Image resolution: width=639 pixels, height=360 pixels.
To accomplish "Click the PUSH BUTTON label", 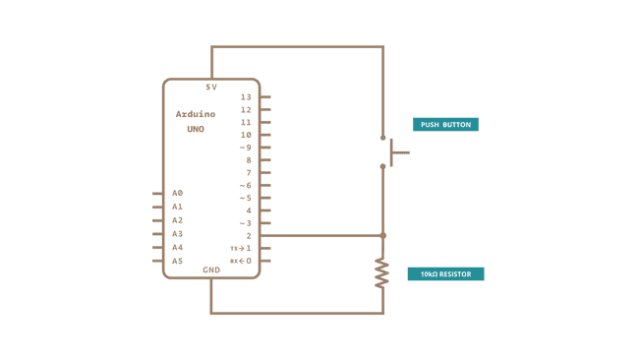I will tap(445, 125).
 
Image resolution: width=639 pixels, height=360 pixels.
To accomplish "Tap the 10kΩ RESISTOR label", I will tap(445, 274).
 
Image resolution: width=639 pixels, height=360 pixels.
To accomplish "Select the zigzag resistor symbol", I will tap(382, 273).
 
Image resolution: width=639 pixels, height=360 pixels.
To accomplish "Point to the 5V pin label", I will tap(211, 88).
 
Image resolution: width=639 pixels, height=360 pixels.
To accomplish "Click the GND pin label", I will tap(211, 270).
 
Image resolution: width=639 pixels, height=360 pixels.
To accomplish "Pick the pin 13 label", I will tap(246, 97).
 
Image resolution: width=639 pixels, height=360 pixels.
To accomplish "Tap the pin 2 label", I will tap(249, 236).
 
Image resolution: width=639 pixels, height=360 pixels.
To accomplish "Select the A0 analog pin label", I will tap(178, 193).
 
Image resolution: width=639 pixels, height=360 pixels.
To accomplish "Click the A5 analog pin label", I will tap(178, 261).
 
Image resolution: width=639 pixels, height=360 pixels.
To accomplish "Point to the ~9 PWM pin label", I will tap(245, 148).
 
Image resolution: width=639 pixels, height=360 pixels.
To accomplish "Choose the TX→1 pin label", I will tap(241, 249).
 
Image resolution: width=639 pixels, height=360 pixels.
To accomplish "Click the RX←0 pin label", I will tap(241, 261).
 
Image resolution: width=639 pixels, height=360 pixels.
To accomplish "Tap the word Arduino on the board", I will tap(196, 114).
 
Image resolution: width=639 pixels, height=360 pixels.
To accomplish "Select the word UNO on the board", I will tap(196, 129).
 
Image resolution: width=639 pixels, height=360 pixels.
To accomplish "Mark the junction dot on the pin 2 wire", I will tap(383, 236).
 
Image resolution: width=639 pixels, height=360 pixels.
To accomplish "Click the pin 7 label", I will tap(249, 173).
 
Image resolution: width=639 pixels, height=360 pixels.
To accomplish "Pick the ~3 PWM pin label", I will tap(245, 223).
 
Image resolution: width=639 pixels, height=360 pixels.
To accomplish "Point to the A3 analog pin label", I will tap(178, 234).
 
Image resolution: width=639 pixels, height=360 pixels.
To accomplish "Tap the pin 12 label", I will tap(246, 110).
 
